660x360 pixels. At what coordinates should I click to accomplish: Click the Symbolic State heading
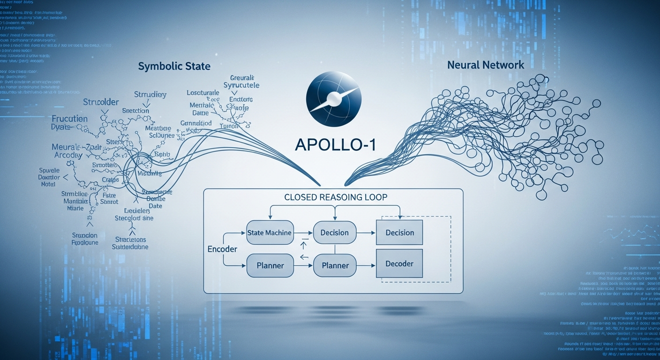(174, 66)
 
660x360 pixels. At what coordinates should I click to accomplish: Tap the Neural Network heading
(486, 65)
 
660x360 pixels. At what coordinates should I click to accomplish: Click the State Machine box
(269, 233)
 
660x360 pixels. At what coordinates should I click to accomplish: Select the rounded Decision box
(334, 233)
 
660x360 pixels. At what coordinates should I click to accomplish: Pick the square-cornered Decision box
(399, 233)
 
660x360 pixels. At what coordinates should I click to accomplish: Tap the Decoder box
(399, 263)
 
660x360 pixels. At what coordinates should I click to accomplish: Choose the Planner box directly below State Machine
(270, 265)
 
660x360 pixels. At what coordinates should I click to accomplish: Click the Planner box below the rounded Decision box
(335, 265)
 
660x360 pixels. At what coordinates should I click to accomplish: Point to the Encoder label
(222, 249)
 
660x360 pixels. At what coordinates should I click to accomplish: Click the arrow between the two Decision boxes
(366, 233)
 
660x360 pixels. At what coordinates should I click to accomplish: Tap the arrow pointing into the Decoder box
(366, 266)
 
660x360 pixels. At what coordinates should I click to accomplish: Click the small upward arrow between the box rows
(303, 245)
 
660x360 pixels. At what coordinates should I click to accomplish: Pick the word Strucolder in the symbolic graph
(101, 102)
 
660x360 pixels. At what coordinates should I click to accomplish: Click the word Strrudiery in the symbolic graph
(150, 95)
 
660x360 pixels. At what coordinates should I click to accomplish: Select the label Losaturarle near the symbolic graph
(206, 93)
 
